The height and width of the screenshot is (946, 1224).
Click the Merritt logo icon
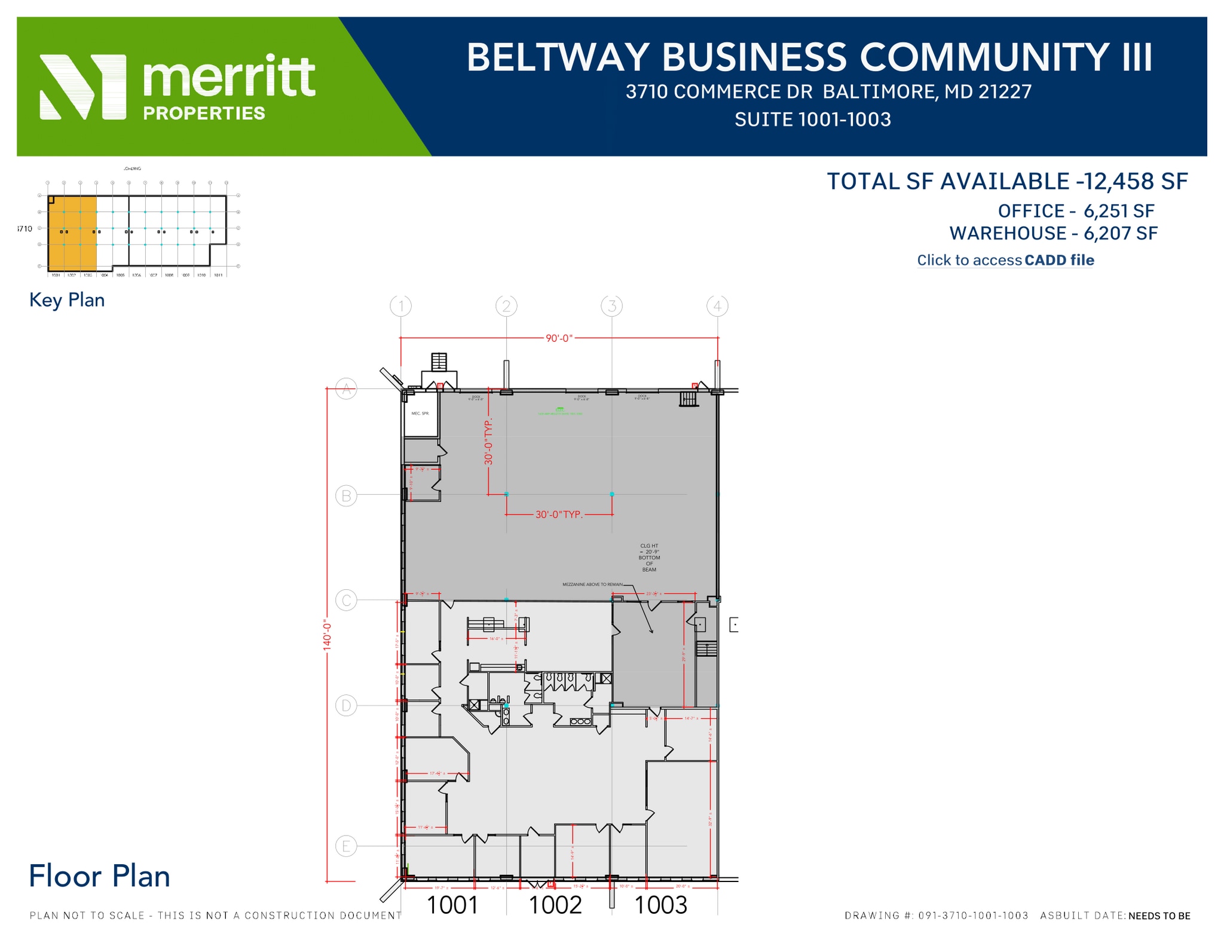[x=82, y=87]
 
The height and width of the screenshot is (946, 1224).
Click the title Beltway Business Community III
[x=809, y=57]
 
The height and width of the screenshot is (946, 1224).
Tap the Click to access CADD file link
[x=1005, y=260]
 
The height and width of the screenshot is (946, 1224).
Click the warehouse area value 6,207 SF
[x=1121, y=233]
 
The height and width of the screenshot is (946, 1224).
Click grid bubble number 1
[x=400, y=306]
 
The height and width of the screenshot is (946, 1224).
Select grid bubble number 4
[x=717, y=306]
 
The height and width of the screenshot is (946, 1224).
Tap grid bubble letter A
[x=346, y=390]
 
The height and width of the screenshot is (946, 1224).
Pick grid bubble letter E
[x=346, y=846]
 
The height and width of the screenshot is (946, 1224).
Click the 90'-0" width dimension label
[x=559, y=338]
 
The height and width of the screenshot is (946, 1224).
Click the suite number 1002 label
[x=555, y=905]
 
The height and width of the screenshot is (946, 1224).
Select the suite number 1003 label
[x=660, y=905]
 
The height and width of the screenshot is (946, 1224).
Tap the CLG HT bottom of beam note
[x=649, y=558]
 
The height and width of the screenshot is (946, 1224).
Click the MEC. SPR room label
[x=420, y=414]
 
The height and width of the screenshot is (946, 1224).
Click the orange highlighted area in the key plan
[x=72, y=233]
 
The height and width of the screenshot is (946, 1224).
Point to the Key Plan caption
[x=67, y=300]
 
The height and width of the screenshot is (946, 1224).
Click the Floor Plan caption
[x=99, y=877]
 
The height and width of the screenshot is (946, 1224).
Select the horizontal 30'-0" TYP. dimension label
[x=559, y=515]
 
